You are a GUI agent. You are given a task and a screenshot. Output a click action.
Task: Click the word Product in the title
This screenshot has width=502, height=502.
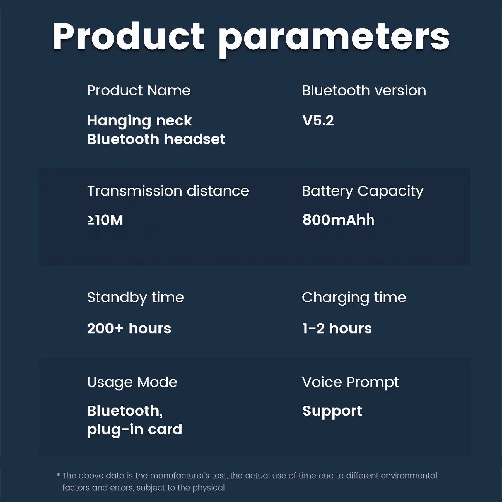click(128, 37)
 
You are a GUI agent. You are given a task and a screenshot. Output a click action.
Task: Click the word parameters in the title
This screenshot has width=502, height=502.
click(334, 40)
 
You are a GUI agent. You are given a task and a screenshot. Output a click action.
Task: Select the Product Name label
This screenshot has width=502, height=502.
click(139, 91)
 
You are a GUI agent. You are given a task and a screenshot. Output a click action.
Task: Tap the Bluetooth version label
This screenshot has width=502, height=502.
click(364, 91)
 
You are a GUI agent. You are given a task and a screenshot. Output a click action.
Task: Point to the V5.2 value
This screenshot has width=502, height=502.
click(318, 121)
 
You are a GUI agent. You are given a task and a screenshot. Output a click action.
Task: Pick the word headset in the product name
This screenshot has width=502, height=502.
click(195, 139)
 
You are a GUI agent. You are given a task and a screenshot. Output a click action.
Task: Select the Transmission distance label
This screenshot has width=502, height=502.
click(168, 191)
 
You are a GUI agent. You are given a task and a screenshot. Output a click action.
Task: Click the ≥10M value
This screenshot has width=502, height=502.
click(105, 220)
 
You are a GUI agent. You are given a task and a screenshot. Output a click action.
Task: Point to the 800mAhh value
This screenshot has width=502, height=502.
click(338, 220)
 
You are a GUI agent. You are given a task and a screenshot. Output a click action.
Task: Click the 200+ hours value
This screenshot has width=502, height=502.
click(129, 328)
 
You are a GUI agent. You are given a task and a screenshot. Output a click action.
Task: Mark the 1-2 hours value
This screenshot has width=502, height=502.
click(337, 328)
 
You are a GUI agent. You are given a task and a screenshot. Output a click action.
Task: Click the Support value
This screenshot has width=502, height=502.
click(332, 411)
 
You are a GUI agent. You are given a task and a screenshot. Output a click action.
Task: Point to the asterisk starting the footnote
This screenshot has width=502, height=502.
click(59, 475)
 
